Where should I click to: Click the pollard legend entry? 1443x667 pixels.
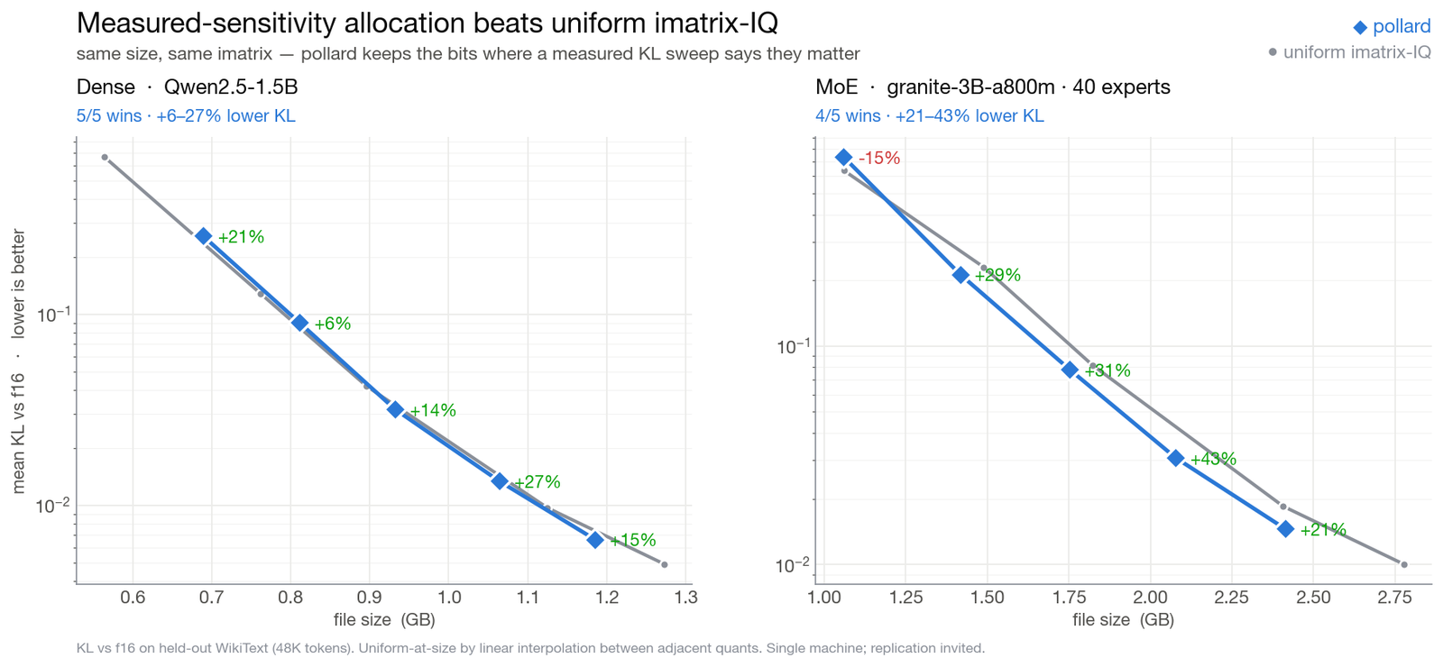pyautogui.click(x=1392, y=26)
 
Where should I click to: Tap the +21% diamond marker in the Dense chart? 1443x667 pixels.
pyautogui.click(x=204, y=236)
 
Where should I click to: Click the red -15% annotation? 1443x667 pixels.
pyautogui.click(x=879, y=158)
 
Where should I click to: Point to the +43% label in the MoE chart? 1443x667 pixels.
pyautogui.click(x=1214, y=459)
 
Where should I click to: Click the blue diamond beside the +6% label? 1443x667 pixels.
pyautogui.click(x=299, y=324)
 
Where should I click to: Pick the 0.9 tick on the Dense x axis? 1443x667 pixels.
pyautogui.click(x=369, y=598)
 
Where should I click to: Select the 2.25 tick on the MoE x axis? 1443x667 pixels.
pyautogui.click(x=1232, y=598)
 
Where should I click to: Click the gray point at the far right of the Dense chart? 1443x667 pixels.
pyautogui.click(x=664, y=564)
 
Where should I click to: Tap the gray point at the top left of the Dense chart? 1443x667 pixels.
pyautogui.click(x=105, y=157)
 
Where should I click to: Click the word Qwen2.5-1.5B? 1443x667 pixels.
pyautogui.click(x=231, y=87)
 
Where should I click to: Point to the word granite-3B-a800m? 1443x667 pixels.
pyautogui.click(x=970, y=87)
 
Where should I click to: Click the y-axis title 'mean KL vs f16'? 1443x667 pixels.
pyautogui.click(x=18, y=434)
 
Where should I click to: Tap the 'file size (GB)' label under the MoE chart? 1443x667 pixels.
pyautogui.click(x=1124, y=620)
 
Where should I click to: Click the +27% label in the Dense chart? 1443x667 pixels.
pyautogui.click(x=538, y=481)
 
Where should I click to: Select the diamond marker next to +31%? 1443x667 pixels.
pyautogui.click(x=1070, y=370)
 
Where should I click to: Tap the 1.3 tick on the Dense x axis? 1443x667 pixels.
pyautogui.click(x=685, y=598)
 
